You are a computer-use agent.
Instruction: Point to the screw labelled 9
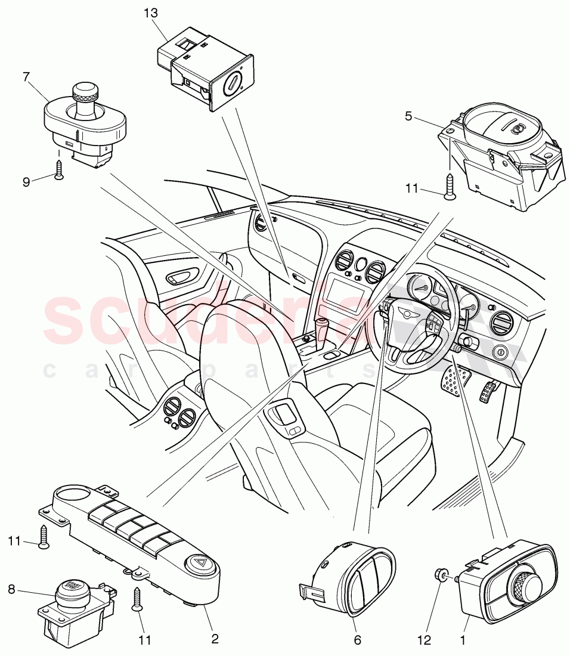click(x=58, y=171)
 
